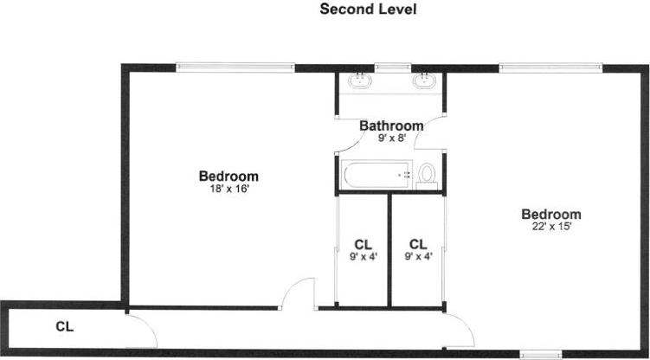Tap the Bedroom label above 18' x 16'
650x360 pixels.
228,177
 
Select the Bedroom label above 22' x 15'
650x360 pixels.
551,215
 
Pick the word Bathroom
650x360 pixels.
392,125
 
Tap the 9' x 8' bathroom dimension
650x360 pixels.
392,138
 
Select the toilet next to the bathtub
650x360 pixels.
426,176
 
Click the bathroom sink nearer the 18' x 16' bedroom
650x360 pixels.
360,82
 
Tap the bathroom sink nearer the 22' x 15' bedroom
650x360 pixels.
424,82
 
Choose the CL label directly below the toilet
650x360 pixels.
418,244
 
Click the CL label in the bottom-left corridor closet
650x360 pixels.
64,327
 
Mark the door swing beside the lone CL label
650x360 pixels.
140,329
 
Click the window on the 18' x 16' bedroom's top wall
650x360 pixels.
235,67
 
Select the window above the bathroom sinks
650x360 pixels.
392,67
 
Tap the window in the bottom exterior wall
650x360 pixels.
542,353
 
